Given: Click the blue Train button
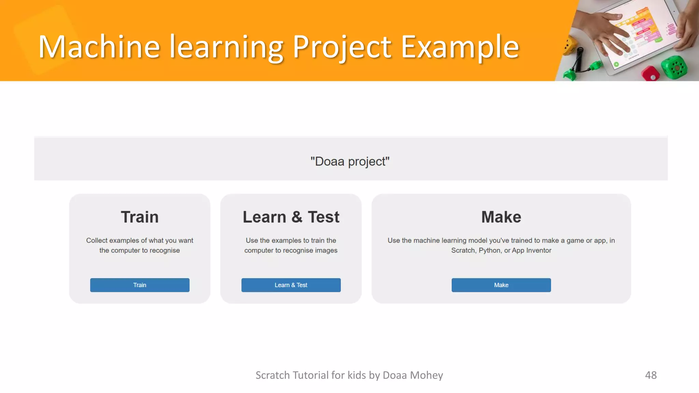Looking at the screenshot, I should pos(140,285).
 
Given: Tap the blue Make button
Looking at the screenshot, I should pos(501,285).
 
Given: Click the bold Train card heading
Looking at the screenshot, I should pos(140,217).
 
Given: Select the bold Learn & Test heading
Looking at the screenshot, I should pos(291,217).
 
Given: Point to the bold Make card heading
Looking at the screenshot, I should pos(501,217).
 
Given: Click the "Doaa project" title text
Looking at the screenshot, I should pos(350,161).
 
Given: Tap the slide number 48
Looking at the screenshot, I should pos(651,375).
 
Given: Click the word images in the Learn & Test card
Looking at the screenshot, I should pos(326,250).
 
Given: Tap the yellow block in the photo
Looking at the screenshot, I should pos(569,46).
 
